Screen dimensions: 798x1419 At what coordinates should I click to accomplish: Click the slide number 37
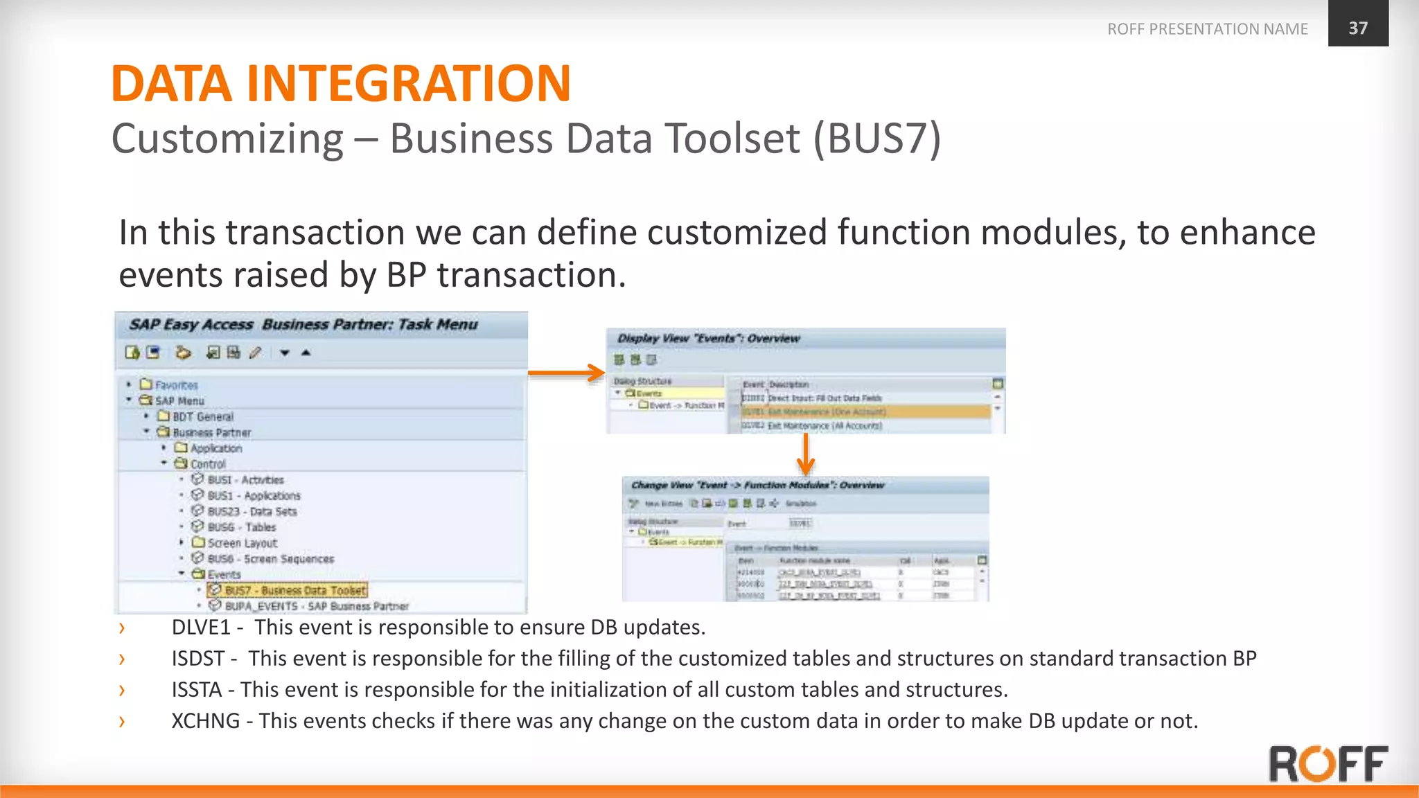[x=1357, y=28]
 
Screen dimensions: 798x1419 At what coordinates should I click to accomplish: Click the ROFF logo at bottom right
[x=1328, y=763]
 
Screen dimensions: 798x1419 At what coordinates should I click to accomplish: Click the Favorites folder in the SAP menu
[x=176, y=385]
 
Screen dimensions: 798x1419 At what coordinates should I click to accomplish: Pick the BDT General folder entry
[x=202, y=417]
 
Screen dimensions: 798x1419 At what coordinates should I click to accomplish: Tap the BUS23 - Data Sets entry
[x=252, y=512]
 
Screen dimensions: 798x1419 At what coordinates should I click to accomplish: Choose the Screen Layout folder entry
[x=242, y=543]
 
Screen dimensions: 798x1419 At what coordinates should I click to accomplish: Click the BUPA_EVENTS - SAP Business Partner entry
[x=316, y=606]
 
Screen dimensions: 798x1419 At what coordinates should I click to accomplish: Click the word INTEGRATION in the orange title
[x=408, y=84]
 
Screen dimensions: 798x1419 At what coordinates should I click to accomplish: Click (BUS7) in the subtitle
[x=876, y=138]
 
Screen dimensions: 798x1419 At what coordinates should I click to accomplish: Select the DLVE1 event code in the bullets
[x=200, y=627]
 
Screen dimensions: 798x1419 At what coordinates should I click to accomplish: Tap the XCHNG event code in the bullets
[x=205, y=720]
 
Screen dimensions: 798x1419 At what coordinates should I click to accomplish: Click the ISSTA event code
[x=196, y=689]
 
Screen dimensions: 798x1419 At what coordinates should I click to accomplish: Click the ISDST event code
[x=198, y=658]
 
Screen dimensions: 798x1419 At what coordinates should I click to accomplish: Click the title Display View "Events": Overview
[x=708, y=339]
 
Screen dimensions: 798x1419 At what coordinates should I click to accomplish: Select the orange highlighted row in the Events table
[x=866, y=411]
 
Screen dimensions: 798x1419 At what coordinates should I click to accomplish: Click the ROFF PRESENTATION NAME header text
[x=1207, y=29]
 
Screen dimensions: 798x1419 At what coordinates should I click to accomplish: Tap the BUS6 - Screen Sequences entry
[x=270, y=559]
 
